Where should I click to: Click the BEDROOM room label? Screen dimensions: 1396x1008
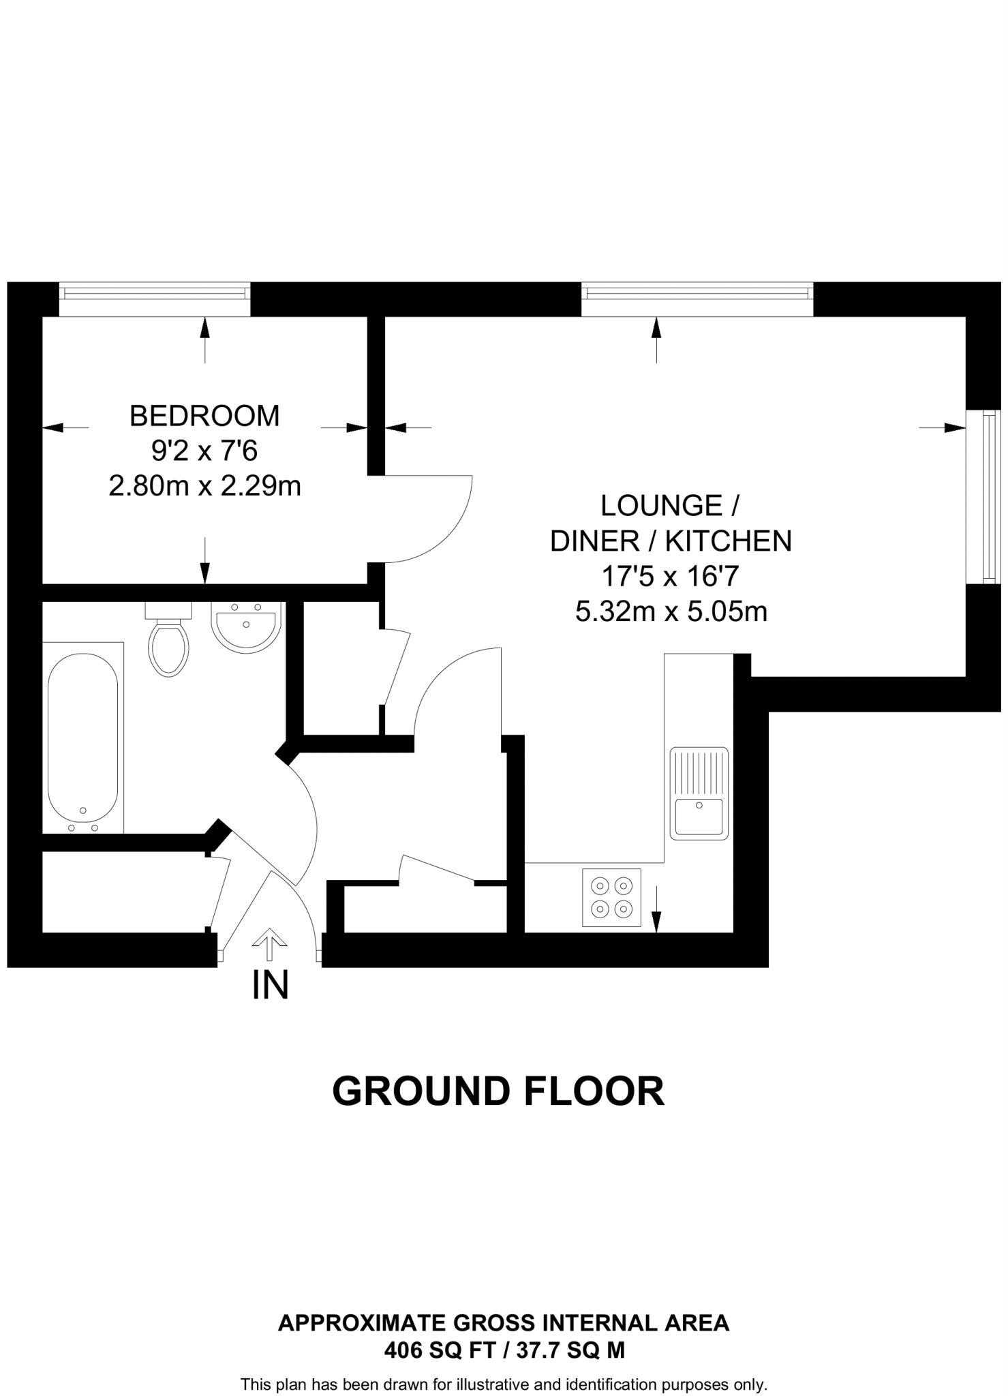coord(204,416)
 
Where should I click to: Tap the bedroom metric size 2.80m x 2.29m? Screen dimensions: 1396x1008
coord(204,487)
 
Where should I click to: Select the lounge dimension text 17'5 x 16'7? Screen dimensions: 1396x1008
coord(670,577)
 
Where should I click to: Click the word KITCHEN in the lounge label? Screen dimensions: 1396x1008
coord(729,541)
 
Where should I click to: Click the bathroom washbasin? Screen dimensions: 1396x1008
coord(246,626)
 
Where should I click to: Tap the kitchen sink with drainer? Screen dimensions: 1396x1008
coord(699,793)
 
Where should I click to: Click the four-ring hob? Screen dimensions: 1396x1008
coord(611,897)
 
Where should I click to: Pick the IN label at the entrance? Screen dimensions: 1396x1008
coord(271,985)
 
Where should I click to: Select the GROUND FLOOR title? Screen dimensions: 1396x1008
coord(498,1091)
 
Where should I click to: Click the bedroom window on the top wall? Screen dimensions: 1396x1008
coord(155,294)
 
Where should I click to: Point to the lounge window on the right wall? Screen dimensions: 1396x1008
coord(988,496)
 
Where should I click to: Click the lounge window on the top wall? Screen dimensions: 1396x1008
coord(697,294)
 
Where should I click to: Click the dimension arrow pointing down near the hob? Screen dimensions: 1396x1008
coord(656,910)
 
